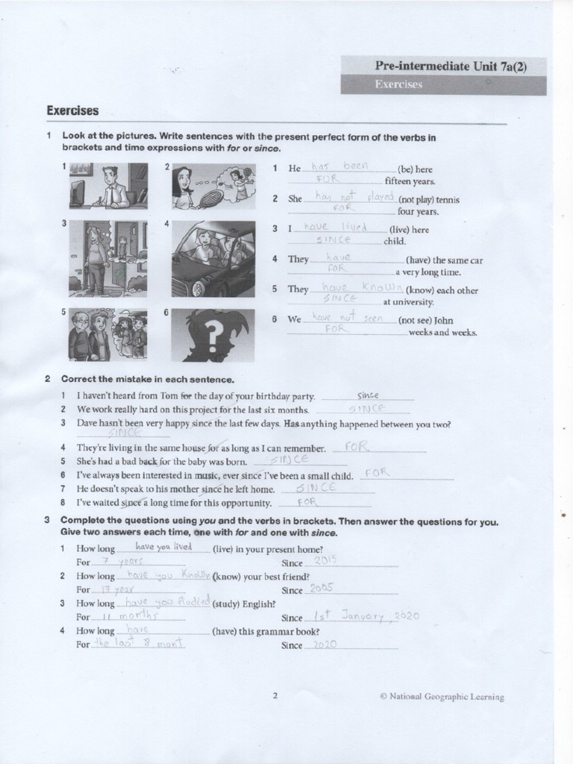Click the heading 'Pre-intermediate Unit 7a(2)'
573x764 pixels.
451,66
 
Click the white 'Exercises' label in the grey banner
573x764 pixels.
398,84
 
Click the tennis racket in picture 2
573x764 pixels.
211,197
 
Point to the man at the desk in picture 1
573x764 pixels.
112,187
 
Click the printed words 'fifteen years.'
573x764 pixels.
410,181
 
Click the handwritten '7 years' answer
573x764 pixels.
117,561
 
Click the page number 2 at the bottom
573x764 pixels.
275,696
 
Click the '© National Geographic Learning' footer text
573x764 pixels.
442,697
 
